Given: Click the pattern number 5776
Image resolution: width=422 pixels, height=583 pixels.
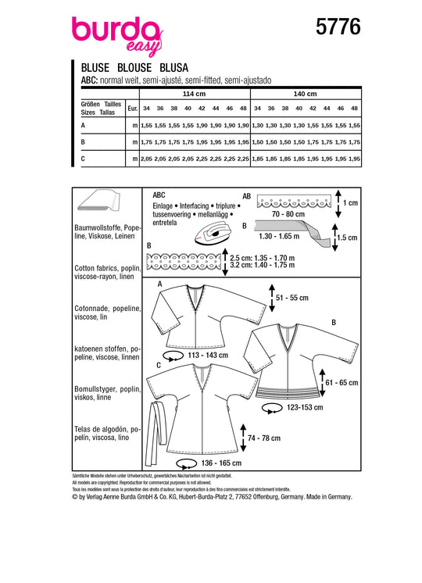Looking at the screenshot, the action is click(x=338, y=27).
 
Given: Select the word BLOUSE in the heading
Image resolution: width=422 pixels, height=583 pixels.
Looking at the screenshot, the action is click(x=134, y=68).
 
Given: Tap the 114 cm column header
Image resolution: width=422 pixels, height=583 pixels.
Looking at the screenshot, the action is click(x=194, y=94).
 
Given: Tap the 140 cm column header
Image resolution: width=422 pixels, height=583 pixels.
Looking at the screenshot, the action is click(x=306, y=94).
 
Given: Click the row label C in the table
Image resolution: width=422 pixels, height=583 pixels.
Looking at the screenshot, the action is click(x=83, y=159).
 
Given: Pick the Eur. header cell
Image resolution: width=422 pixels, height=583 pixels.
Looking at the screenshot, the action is click(x=132, y=109).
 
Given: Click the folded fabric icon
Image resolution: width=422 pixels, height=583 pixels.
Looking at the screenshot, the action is click(x=99, y=202).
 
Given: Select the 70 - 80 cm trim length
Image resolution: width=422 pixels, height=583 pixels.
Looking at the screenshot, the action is click(x=288, y=214).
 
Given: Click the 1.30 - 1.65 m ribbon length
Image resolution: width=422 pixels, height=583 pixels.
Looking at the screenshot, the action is click(x=279, y=236).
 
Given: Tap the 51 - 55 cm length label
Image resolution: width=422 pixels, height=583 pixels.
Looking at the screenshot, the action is click(x=292, y=298).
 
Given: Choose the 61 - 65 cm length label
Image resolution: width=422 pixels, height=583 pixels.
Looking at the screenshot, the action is click(x=342, y=383).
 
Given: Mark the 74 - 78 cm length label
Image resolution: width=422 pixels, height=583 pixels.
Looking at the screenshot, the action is click(x=264, y=438).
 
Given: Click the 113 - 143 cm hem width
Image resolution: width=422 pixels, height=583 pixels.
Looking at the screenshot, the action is click(x=208, y=356).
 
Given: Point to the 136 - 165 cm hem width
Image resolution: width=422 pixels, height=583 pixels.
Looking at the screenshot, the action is click(x=221, y=463).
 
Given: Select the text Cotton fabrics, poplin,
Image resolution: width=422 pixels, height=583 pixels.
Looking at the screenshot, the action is click(x=107, y=269).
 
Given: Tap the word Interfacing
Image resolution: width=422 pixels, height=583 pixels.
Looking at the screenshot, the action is click(x=194, y=206).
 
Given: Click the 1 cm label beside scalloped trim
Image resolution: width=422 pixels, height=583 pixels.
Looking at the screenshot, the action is click(x=350, y=203).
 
